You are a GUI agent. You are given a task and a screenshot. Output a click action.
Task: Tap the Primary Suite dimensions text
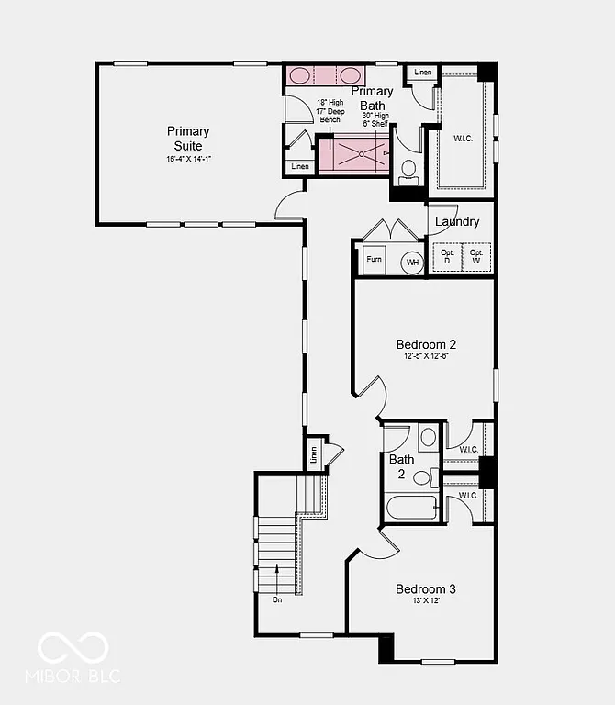pos(188,159)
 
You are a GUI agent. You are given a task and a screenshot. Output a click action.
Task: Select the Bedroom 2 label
pos(426,344)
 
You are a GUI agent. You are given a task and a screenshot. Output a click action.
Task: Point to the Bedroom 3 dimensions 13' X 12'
pos(426,600)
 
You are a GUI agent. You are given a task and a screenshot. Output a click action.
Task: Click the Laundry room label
pos(457,221)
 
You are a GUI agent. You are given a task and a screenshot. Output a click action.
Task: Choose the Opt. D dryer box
pos(448,256)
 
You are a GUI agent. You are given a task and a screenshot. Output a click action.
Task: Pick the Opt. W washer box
pos(475,256)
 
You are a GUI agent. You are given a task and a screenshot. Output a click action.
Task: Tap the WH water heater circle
pos(412,261)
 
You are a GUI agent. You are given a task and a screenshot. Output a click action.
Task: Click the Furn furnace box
pos(374,260)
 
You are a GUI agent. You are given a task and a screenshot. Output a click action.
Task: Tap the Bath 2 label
pos(401,466)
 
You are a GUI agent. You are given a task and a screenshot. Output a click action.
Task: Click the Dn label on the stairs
pos(277,599)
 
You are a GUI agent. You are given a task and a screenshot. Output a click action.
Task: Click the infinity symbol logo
pos(73,648)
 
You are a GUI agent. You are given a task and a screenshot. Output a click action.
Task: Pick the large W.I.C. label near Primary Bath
pos(464,139)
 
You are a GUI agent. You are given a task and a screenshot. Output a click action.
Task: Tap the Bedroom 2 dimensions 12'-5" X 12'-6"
pos(426,356)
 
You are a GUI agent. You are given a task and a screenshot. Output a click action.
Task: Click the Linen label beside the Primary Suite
pos(299,167)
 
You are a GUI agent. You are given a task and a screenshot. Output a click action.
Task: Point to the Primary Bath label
pos(372,98)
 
